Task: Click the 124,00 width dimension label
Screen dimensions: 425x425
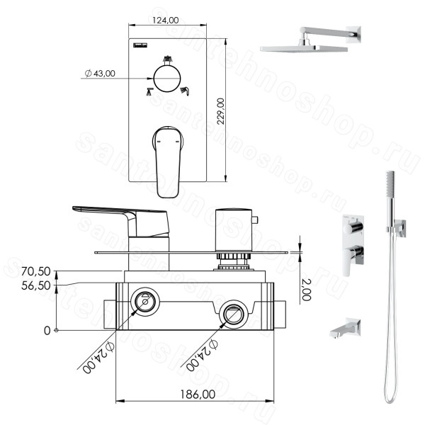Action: (x=165, y=20)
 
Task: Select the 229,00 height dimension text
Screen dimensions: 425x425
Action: (x=221, y=111)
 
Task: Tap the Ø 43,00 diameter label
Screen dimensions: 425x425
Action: (x=100, y=73)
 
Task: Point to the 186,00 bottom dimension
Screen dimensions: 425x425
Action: (x=198, y=395)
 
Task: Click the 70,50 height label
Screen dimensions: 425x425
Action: (x=36, y=271)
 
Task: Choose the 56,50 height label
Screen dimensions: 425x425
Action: (x=36, y=285)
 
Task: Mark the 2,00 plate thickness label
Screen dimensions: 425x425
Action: (x=306, y=290)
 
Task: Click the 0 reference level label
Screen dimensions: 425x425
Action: (x=47, y=331)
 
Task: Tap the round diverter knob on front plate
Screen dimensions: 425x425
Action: (x=167, y=79)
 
